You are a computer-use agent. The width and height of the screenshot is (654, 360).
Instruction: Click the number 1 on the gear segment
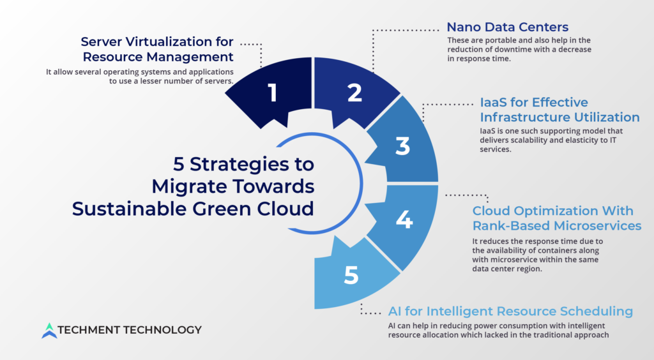(272, 93)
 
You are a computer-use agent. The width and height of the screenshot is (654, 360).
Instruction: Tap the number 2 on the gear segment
(355, 93)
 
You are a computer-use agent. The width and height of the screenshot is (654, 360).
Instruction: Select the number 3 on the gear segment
(403, 146)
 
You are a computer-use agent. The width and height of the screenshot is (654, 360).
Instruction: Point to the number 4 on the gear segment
(404, 220)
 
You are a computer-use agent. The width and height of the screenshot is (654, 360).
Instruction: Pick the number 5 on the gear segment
(351, 275)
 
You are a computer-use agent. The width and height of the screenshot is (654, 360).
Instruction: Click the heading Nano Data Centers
(508, 27)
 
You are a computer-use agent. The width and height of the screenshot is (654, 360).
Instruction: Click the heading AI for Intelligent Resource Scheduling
(510, 311)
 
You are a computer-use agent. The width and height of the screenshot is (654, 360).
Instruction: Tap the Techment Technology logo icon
(49, 331)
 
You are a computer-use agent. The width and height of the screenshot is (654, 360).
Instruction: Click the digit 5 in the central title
(179, 164)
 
